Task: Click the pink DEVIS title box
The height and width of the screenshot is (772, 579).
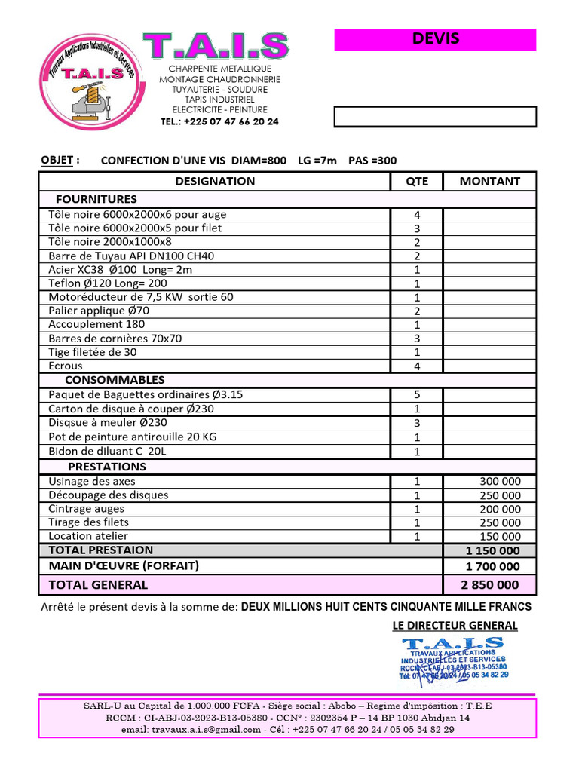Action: click(x=435, y=40)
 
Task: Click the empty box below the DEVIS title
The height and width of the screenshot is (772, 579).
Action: click(x=435, y=117)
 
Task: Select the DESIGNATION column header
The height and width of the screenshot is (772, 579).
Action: click(x=215, y=181)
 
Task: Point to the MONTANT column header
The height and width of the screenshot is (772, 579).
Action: click(x=489, y=181)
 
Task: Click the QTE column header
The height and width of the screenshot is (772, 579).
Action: click(x=416, y=181)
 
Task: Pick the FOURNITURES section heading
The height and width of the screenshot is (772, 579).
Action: click(x=96, y=199)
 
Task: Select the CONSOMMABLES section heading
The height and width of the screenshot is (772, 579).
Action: click(x=115, y=380)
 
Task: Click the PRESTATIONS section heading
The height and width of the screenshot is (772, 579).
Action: click(x=107, y=467)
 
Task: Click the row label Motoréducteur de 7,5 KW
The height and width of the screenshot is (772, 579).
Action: click(x=141, y=297)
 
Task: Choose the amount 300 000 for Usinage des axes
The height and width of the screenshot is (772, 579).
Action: click(x=499, y=482)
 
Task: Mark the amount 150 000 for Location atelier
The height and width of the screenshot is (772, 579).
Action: click(x=499, y=537)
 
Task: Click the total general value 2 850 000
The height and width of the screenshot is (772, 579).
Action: click(x=490, y=585)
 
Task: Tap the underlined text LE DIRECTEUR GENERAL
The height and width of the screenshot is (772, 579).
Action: click(x=455, y=626)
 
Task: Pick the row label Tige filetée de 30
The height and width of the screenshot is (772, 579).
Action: click(x=93, y=352)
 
